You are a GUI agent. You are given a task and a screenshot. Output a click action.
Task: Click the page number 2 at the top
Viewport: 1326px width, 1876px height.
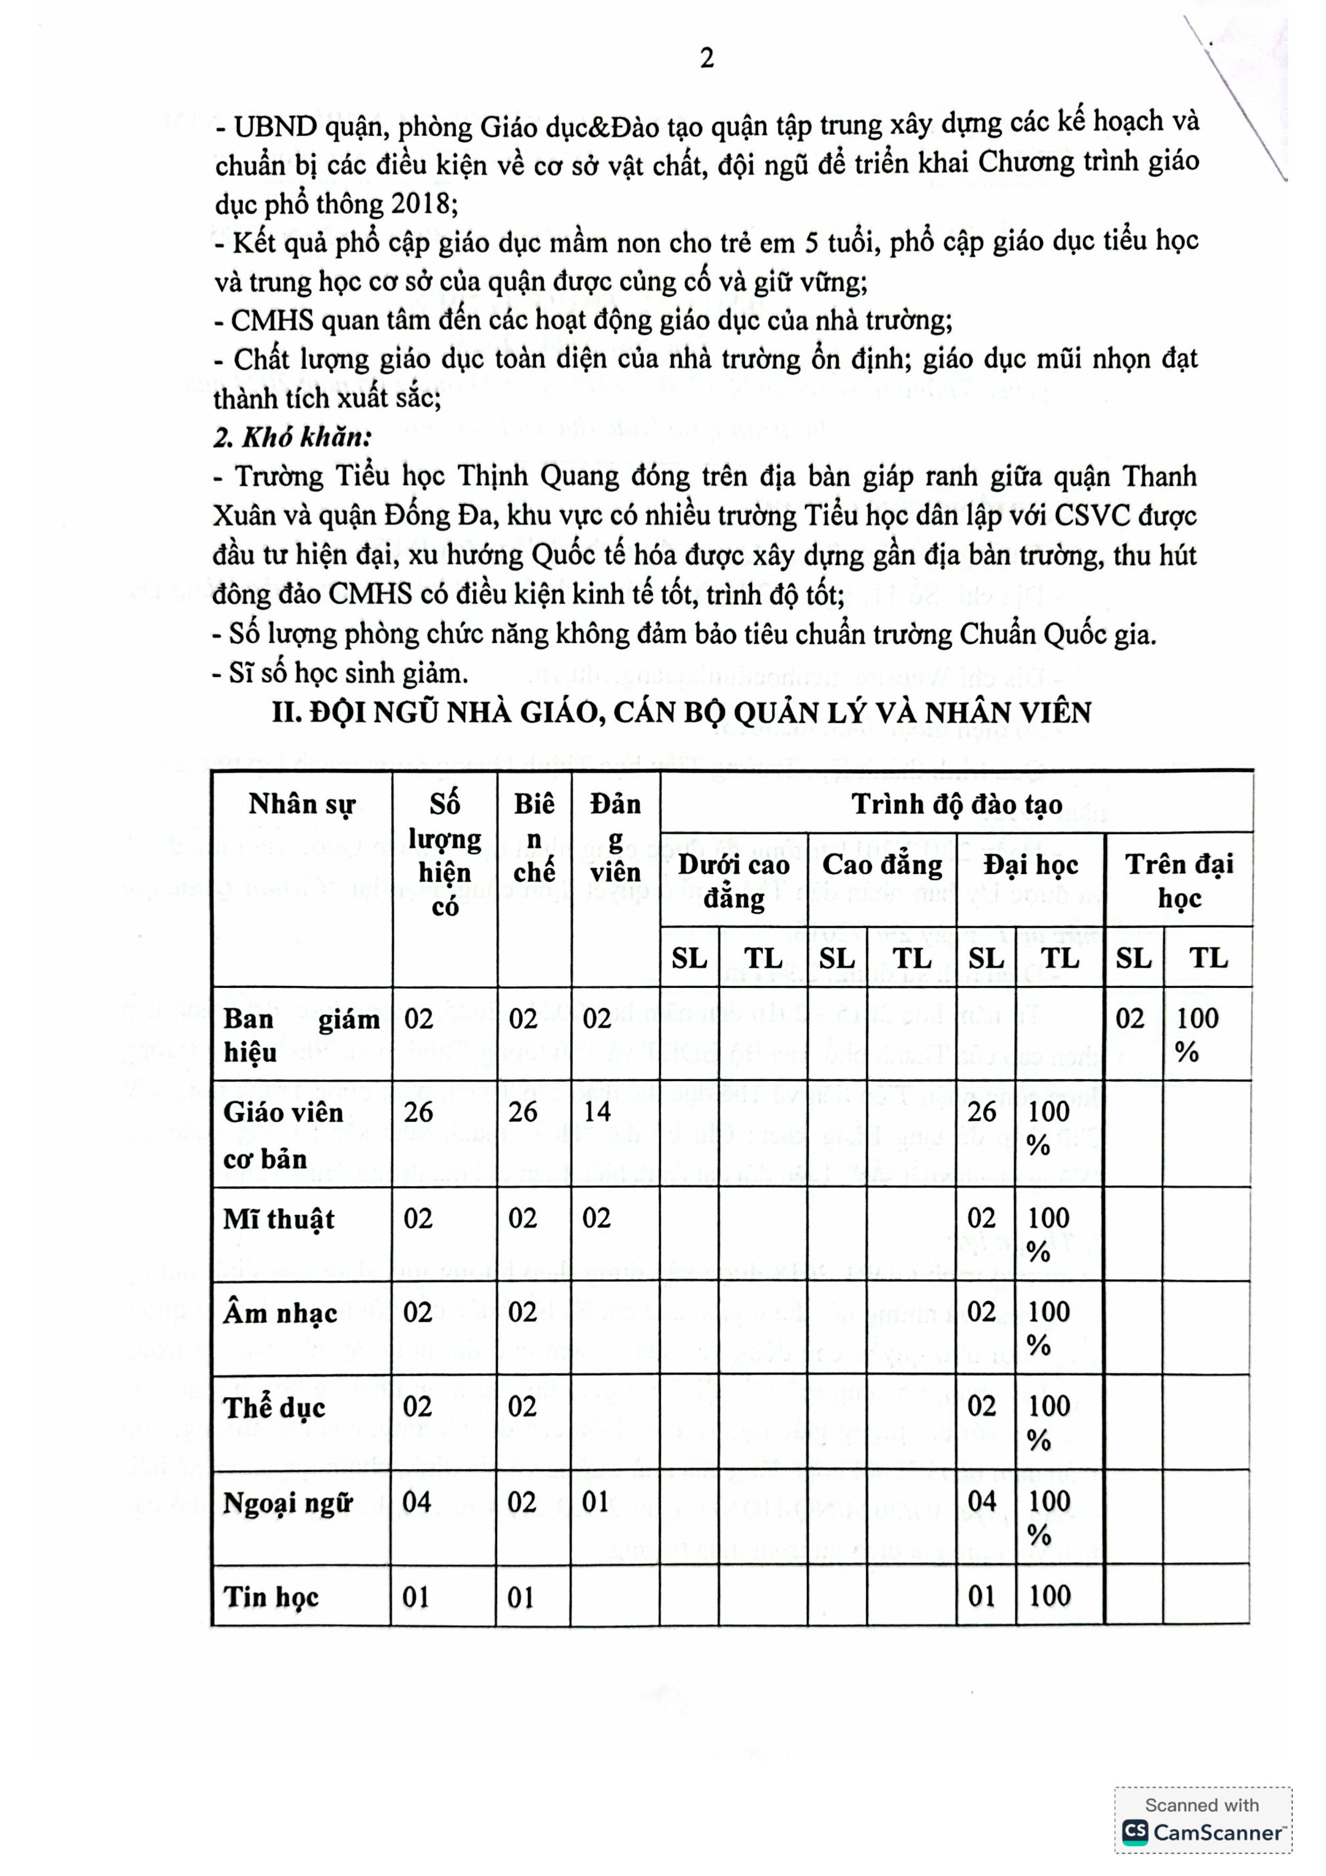pos(707,58)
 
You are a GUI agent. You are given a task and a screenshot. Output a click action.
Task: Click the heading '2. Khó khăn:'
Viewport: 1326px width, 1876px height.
pos(292,437)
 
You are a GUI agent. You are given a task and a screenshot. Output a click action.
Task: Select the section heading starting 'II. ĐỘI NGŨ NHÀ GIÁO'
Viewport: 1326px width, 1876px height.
pos(681,713)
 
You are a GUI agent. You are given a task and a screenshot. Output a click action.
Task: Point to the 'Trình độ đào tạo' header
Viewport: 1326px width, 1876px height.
pos(957,805)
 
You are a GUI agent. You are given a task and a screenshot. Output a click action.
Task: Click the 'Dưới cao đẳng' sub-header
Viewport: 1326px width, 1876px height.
pos(733,881)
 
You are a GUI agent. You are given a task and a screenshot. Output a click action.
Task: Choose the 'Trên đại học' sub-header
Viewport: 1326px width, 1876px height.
pos(1179,881)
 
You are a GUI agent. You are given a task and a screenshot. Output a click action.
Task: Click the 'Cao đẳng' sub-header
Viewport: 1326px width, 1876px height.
pos(882,864)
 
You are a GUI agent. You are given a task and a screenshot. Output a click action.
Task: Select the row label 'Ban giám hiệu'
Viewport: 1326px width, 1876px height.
pos(302,1035)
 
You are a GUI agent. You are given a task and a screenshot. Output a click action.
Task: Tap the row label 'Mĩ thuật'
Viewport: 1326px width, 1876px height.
pos(279,1219)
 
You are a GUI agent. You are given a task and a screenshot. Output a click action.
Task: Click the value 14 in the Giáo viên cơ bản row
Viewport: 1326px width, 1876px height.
pos(596,1112)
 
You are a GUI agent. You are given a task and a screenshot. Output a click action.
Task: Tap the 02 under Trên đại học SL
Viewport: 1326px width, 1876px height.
pos(1131,1019)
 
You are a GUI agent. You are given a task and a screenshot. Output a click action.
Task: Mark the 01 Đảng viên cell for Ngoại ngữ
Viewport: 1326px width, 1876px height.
pos(596,1502)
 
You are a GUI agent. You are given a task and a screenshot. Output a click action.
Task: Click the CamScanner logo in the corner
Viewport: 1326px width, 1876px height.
pos(1202,1833)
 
